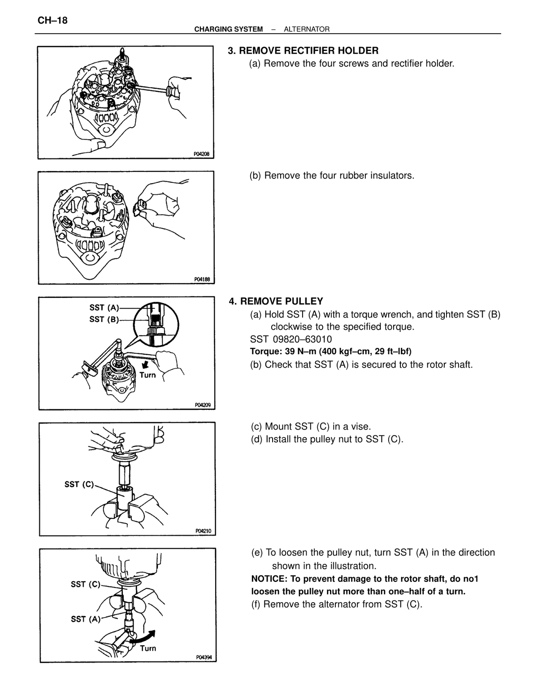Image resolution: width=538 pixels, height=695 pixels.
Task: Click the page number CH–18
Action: (52, 21)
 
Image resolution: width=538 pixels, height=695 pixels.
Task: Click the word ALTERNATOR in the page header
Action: (306, 30)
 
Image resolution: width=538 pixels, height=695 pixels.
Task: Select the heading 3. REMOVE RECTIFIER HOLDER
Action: (303, 51)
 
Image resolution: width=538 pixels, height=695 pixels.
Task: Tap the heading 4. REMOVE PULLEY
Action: (276, 301)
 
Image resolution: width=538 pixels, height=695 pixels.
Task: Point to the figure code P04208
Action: (201, 154)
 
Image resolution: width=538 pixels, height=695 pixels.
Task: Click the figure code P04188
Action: (202, 279)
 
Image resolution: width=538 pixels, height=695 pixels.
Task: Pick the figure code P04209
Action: (203, 405)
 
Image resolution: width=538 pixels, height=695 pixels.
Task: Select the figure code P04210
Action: (203, 531)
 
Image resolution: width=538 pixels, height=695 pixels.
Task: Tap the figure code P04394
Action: (204, 657)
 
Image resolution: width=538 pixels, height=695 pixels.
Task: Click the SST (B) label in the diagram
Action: (104, 320)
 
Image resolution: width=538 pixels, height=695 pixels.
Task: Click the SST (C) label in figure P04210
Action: (79, 485)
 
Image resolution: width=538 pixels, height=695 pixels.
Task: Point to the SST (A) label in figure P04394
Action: (86, 619)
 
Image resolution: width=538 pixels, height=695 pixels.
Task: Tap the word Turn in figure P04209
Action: (148, 375)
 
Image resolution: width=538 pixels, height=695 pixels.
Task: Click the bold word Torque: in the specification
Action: (266, 352)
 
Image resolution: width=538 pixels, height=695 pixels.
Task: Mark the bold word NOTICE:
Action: (269, 579)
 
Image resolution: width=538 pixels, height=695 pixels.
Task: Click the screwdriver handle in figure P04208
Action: (173, 92)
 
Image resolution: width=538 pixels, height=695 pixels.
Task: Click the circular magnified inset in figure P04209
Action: (156, 324)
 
